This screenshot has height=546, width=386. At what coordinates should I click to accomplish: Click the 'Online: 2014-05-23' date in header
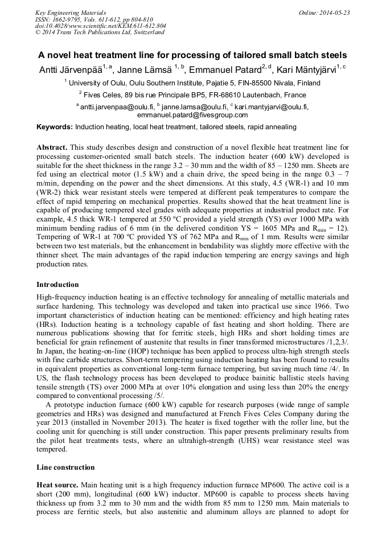click(323, 13)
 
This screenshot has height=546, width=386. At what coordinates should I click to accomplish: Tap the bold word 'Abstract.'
click(52, 147)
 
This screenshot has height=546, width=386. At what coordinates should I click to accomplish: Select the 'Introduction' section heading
click(58, 285)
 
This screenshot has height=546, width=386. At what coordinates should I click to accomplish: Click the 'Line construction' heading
click(65, 467)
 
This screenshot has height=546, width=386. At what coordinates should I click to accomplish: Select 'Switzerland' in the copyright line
click(147, 32)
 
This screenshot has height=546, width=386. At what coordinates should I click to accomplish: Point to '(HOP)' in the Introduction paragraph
click(139, 352)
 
